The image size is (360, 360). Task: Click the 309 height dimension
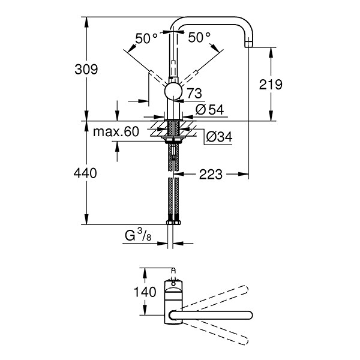[x=86, y=70]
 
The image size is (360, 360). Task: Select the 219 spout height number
[x=271, y=85]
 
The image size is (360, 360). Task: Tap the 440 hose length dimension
[x=85, y=173]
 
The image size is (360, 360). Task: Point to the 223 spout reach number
[x=211, y=174]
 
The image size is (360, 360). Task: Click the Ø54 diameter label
[x=209, y=110]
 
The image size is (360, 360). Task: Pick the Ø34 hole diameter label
[x=219, y=137]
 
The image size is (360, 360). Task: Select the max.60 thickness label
[x=116, y=132]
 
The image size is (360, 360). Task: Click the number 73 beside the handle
[x=194, y=94]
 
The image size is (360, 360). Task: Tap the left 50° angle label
[x=146, y=38]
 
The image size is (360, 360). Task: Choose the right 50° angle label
[x=199, y=37]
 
